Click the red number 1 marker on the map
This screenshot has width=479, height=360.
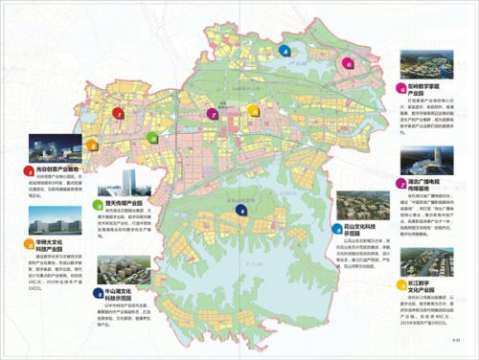pyautogui.click(x=120, y=115)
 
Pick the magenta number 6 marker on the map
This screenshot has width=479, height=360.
pyautogui.click(x=349, y=65)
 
